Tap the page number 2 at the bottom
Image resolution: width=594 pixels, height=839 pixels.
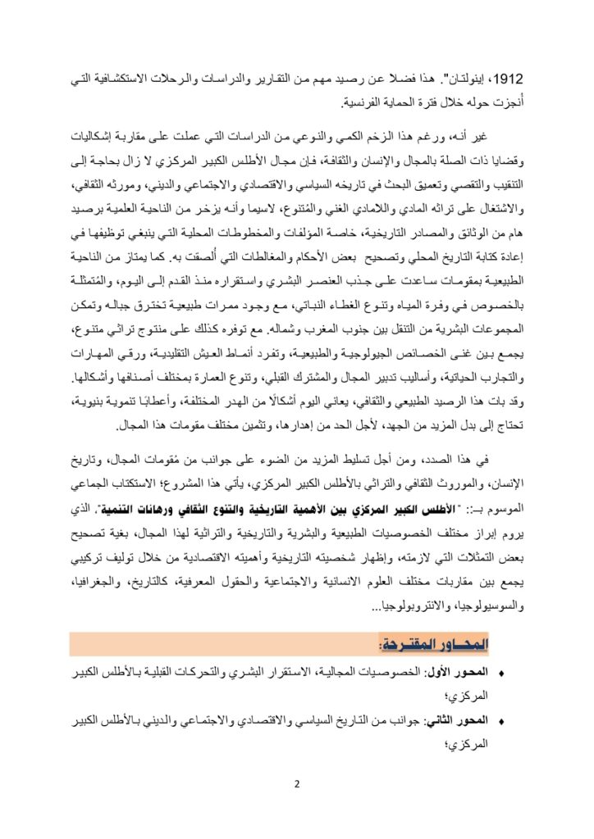click(297, 783)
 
